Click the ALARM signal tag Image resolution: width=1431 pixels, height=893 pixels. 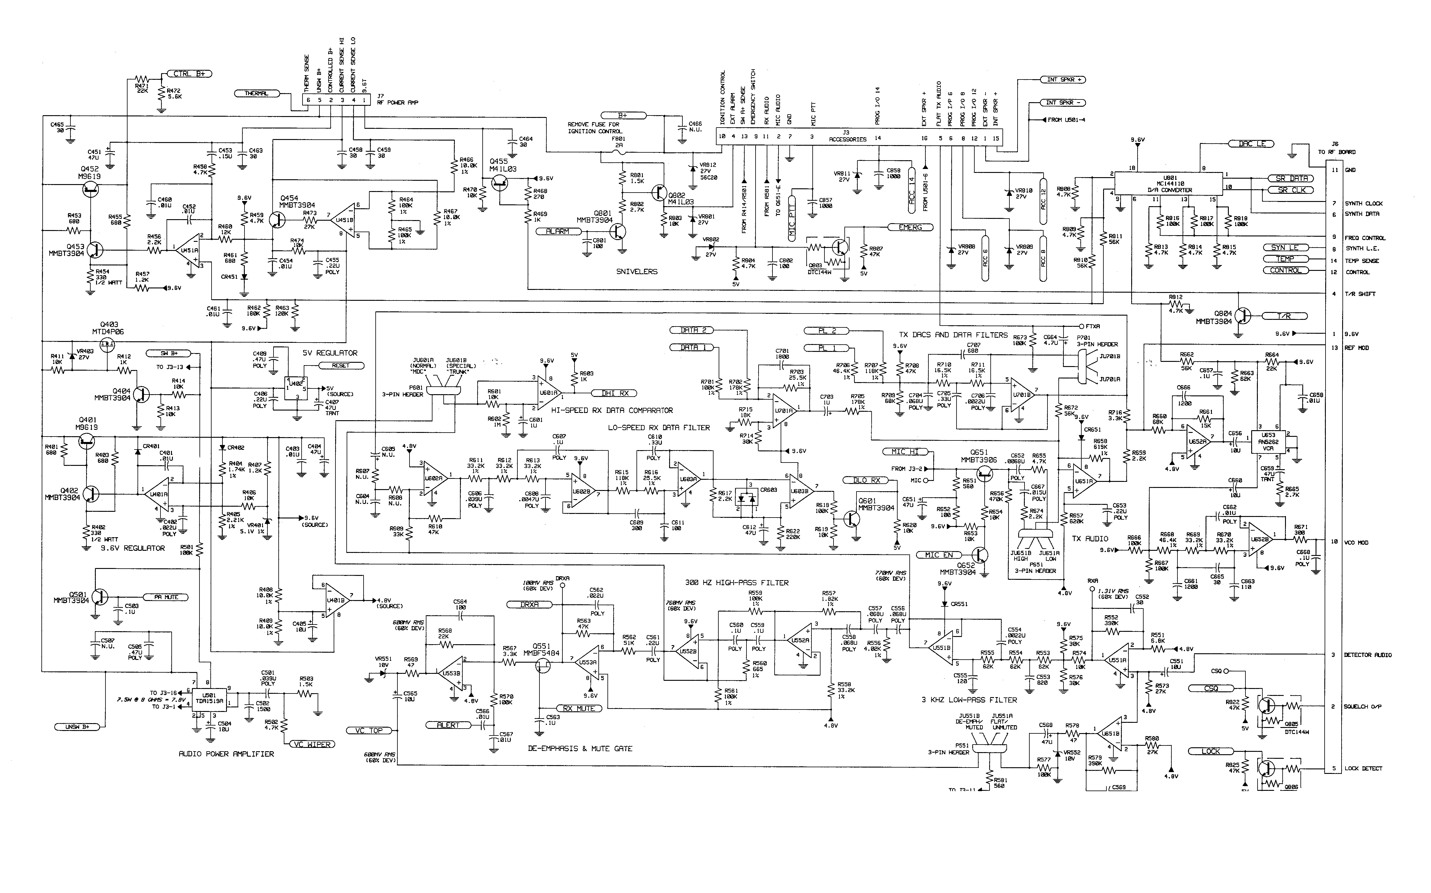(558, 232)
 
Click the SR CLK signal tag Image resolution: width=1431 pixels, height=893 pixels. (1291, 190)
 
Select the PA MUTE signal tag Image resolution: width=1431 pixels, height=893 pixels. (166, 597)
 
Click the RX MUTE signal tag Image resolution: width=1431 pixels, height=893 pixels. (578, 708)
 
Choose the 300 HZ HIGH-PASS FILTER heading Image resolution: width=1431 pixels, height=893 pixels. (737, 582)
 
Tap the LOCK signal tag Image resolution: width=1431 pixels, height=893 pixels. (1210, 751)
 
